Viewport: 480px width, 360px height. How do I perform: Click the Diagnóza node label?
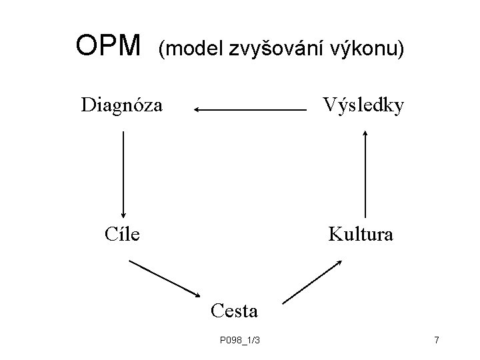121,105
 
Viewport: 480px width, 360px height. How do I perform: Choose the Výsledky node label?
363,105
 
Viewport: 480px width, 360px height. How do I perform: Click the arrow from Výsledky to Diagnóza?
247,109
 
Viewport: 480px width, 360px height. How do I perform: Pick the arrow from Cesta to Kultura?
312,282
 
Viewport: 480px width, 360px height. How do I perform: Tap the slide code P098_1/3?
239,341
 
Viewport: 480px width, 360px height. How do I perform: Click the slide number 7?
436,341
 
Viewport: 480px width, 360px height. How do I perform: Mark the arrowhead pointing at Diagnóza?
197,109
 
